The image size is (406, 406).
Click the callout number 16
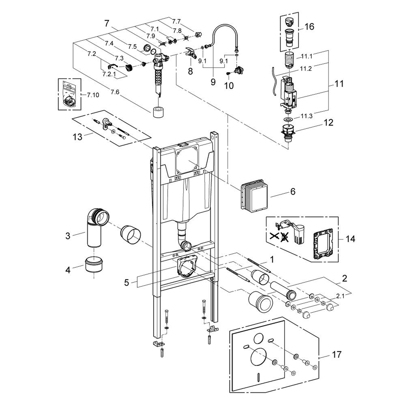tap(309, 27)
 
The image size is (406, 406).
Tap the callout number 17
tap(336, 354)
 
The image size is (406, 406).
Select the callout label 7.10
tap(93, 95)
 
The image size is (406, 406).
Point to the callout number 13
tap(77, 137)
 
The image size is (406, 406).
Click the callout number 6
tap(293, 192)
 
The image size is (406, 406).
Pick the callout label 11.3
tap(307, 116)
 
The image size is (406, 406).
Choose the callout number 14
tap(351, 239)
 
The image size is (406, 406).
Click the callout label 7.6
tap(114, 92)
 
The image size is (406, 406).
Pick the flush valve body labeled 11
tap(289, 92)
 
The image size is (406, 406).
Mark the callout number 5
tap(126, 283)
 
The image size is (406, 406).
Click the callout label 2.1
tap(340, 296)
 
